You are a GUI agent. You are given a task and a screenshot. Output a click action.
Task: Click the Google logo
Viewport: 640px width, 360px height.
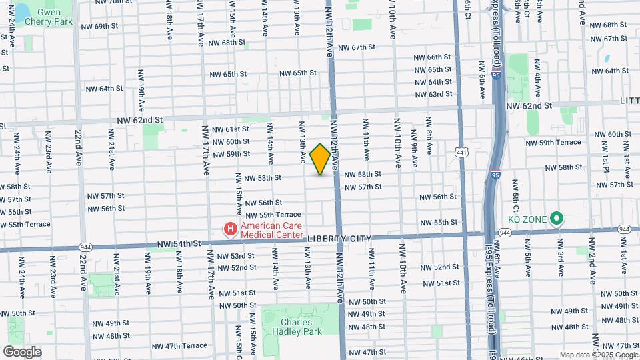22,352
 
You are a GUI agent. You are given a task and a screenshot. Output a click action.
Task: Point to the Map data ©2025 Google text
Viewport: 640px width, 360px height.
599,355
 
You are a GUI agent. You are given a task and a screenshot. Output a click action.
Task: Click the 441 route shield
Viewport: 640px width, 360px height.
461,152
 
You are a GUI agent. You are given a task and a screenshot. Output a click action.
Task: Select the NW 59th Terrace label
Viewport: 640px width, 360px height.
553,143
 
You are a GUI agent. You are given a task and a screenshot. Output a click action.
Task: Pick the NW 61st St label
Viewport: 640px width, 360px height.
230,129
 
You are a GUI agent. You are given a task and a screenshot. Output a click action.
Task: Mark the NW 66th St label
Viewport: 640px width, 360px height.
435,58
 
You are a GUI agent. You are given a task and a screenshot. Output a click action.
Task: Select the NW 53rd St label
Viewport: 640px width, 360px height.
233,256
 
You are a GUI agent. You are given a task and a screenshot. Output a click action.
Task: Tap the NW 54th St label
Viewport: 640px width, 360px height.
179,244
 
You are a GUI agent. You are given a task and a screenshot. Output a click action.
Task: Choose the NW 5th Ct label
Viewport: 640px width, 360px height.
515,195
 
